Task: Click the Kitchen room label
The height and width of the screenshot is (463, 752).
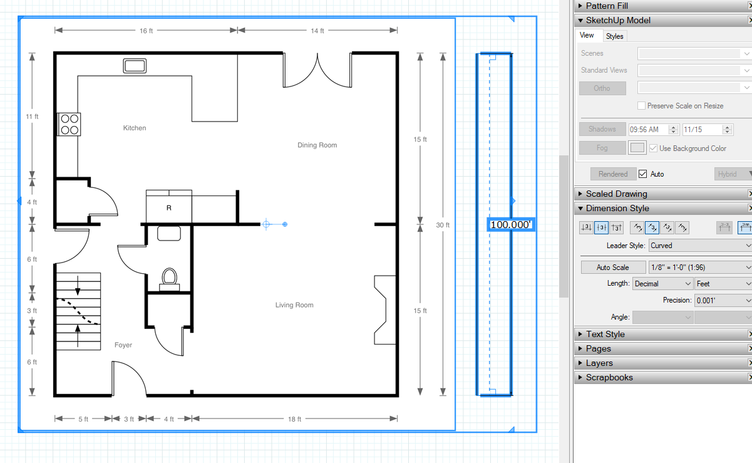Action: [x=134, y=128]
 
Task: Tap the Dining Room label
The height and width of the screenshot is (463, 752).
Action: [x=317, y=145]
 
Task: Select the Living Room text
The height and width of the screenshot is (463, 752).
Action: [x=294, y=305]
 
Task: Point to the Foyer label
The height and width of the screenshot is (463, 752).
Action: [x=123, y=345]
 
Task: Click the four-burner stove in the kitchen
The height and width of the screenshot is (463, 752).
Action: [x=69, y=124]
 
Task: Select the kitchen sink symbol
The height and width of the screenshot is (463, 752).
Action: [x=135, y=66]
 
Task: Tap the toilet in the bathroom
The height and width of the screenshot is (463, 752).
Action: [x=169, y=279]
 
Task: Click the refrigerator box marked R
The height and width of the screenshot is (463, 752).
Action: [x=169, y=206]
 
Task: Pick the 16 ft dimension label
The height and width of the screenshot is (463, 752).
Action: [x=146, y=31]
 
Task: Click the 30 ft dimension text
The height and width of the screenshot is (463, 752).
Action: [x=443, y=225]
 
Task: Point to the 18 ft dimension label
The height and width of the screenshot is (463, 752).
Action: [x=294, y=419]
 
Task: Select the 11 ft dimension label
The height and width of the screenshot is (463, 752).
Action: [x=32, y=117]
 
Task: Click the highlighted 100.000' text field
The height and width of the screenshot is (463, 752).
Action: [x=511, y=225]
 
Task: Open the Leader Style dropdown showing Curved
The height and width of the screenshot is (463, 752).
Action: [x=700, y=246]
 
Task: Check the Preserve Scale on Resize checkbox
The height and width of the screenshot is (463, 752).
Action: [x=641, y=106]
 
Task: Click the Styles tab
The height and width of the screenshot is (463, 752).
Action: [x=614, y=36]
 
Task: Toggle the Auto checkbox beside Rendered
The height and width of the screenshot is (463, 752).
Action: [x=642, y=174]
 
